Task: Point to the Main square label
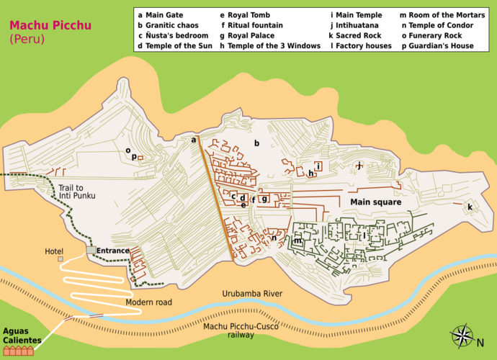tap(375, 202)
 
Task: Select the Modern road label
tap(148, 302)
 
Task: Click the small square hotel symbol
tap(61, 258)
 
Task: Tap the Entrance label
tap(113, 251)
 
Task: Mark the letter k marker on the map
tap(470, 207)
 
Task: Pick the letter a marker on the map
tap(193, 140)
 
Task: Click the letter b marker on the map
tap(256, 143)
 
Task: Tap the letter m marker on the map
tap(297, 241)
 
